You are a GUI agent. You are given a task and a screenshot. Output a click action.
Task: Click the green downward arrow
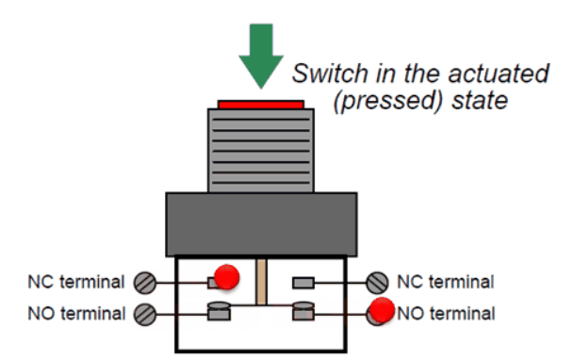tap(261, 55)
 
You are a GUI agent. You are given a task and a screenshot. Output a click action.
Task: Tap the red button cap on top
tap(261, 105)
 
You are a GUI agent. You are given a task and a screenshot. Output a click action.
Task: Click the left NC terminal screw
tap(145, 283)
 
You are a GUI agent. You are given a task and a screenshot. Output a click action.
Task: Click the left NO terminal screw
tap(145, 315)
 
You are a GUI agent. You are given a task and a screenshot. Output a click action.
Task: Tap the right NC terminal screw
tap(377, 283)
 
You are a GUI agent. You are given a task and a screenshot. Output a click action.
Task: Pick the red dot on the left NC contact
tap(226, 277)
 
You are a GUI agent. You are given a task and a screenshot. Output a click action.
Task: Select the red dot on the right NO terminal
tap(382, 310)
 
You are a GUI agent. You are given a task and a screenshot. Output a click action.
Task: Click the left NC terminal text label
tap(76, 282)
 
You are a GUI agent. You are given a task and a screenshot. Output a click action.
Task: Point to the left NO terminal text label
tap(76, 314)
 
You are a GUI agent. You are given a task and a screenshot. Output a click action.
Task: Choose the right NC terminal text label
tap(446, 282)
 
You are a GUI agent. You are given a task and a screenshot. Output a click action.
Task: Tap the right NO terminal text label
tap(446, 314)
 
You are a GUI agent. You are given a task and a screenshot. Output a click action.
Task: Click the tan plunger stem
tap(261, 282)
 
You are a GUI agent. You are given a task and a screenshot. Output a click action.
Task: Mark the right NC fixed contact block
tap(303, 283)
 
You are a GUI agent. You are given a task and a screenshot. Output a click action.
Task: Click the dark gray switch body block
tap(261, 224)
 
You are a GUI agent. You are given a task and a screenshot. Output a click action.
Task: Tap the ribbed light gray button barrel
tap(261, 151)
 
